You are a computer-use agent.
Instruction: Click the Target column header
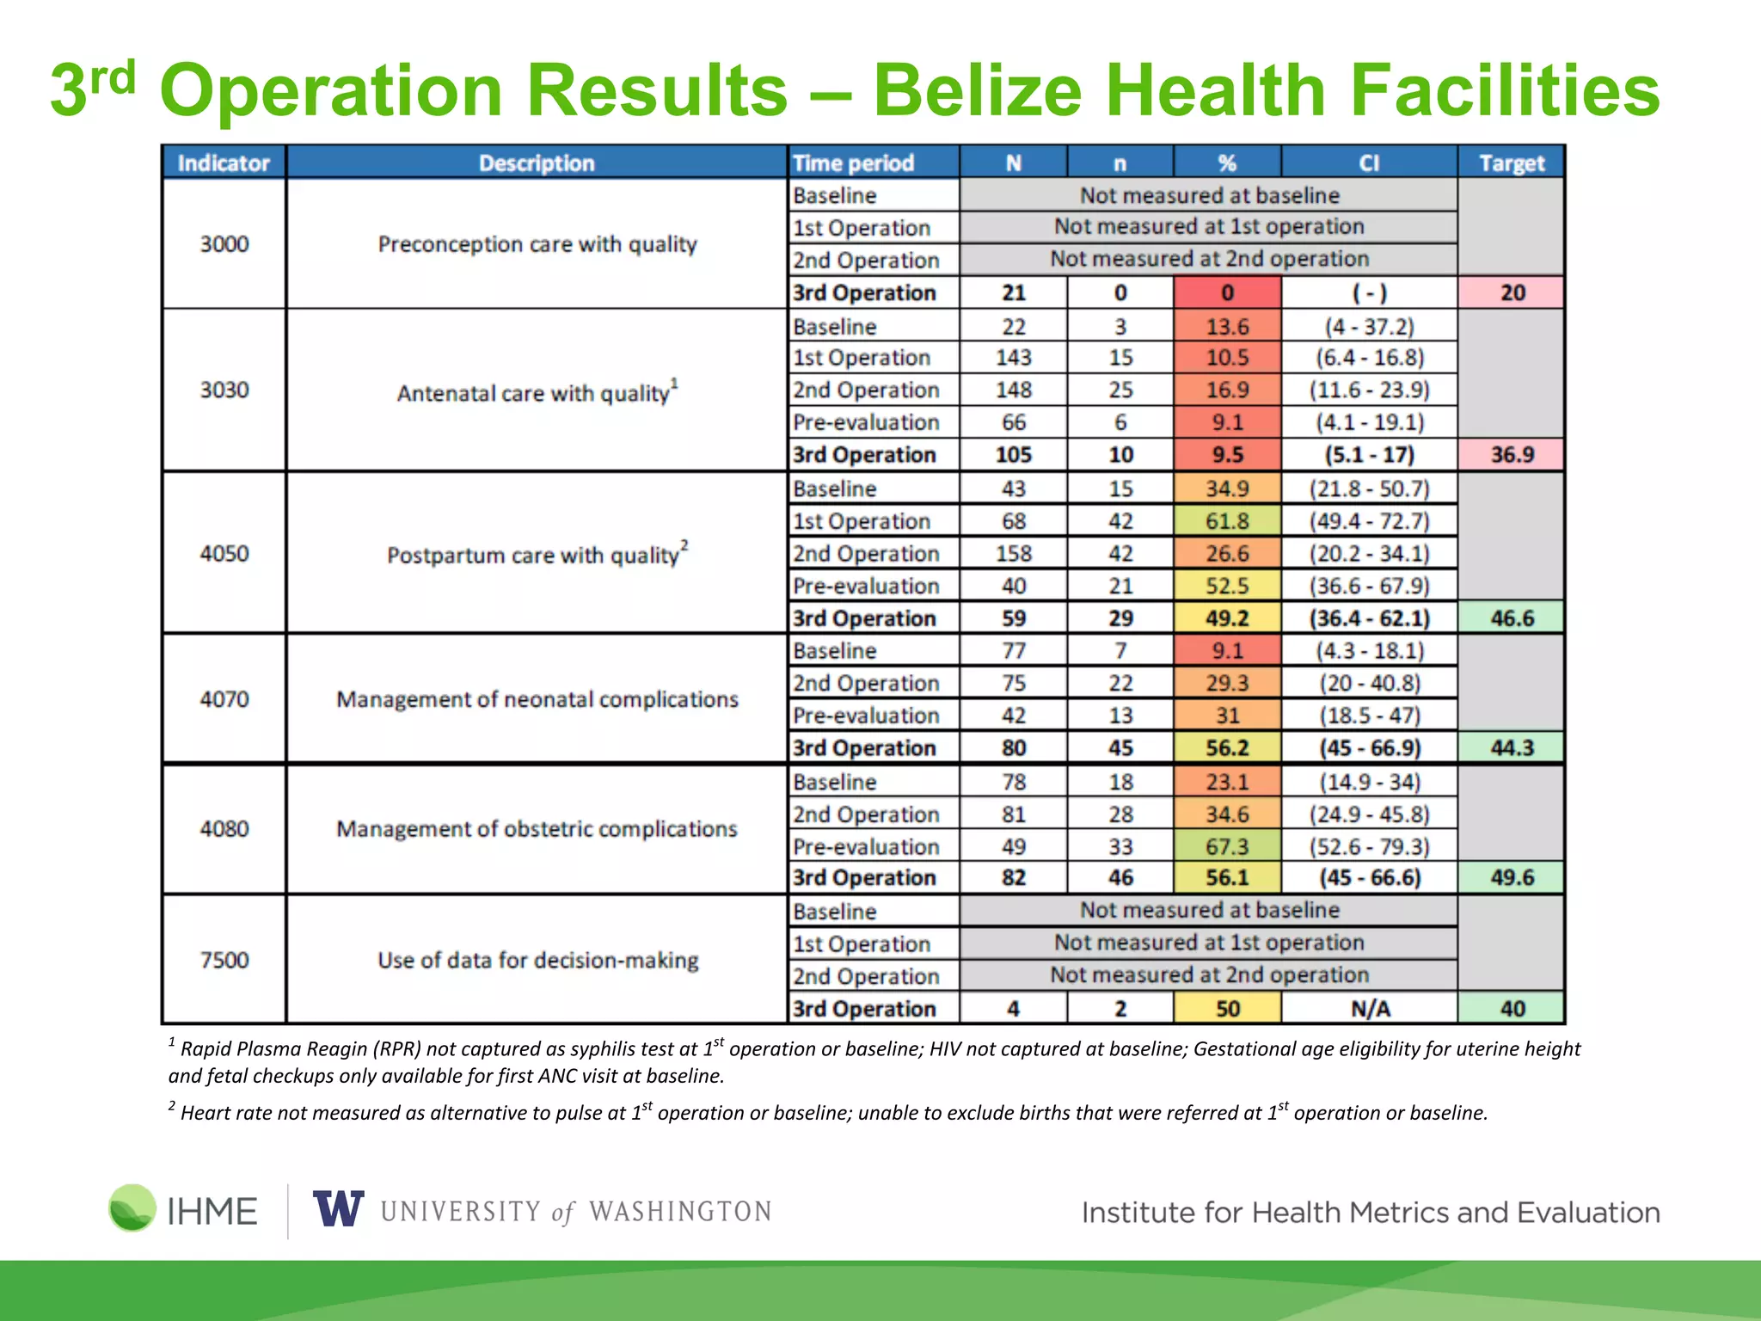tap(1511, 163)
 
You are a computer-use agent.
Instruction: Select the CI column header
tap(1369, 163)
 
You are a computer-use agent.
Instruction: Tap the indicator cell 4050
tap(224, 553)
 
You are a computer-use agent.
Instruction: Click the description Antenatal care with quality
tap(537, 392)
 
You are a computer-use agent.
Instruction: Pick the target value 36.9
tap(1511, 454)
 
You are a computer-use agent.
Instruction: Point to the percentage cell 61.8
tap(1227, 520)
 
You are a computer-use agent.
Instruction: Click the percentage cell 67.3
tap(1227, 846)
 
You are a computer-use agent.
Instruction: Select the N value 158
tap(1014, 553)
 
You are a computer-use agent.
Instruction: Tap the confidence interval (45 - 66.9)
tap(1370, 747)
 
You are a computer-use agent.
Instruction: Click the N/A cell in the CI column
tap(1370, 1008)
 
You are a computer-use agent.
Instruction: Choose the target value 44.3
tap(1511, 747)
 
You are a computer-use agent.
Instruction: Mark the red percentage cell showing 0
tap(1227, 292)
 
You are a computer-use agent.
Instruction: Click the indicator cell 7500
tap(224, 959)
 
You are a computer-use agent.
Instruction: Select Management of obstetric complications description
tap(537, 828)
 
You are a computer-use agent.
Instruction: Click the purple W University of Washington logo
tap(338, 1209)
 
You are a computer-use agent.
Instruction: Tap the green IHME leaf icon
tap(132, 1207)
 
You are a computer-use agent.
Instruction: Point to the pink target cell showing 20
tap(1511, 292)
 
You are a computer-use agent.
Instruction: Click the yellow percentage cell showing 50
tap(1227, 1008)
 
